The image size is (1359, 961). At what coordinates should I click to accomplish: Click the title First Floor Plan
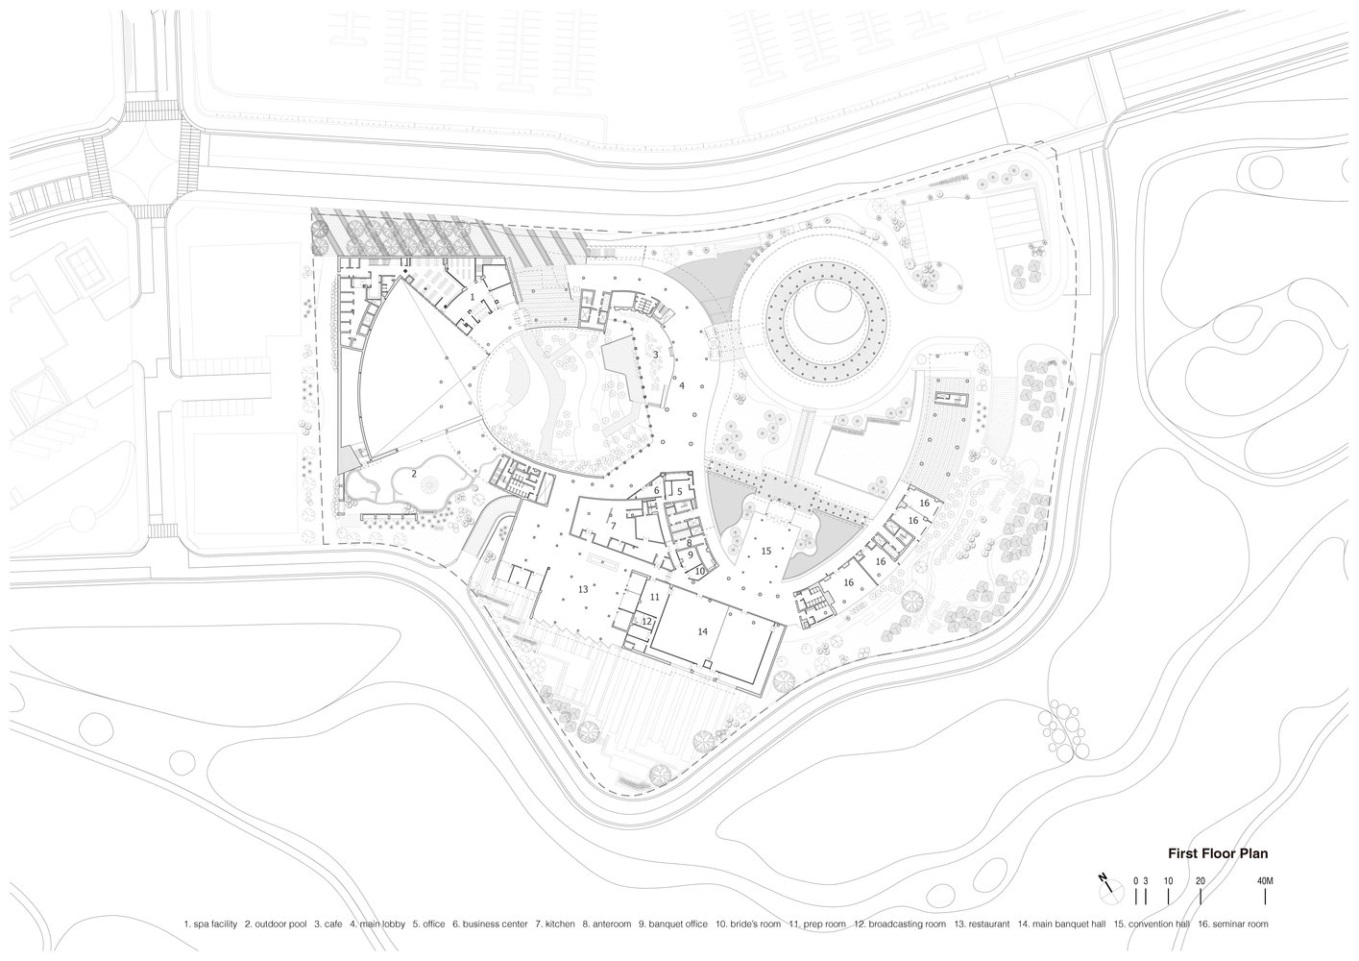[1218, 853]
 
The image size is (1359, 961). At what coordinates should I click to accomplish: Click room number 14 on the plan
[702, 632]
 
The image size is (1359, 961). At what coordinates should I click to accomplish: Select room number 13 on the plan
[583, 589]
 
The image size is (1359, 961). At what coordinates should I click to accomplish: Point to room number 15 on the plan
[766, 551]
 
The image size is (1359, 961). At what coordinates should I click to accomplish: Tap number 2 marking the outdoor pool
[414, 474]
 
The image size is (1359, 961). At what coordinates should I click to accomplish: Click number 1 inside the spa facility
[472, 297]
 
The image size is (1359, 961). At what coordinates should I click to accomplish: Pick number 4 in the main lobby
[682, 385]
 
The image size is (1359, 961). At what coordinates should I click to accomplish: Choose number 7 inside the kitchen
[614, 526]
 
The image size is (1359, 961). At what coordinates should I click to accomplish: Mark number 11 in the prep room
[655, 597]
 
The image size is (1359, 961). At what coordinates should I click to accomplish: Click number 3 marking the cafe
[656, 354]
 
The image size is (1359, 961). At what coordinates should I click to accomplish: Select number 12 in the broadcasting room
[646, 621]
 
